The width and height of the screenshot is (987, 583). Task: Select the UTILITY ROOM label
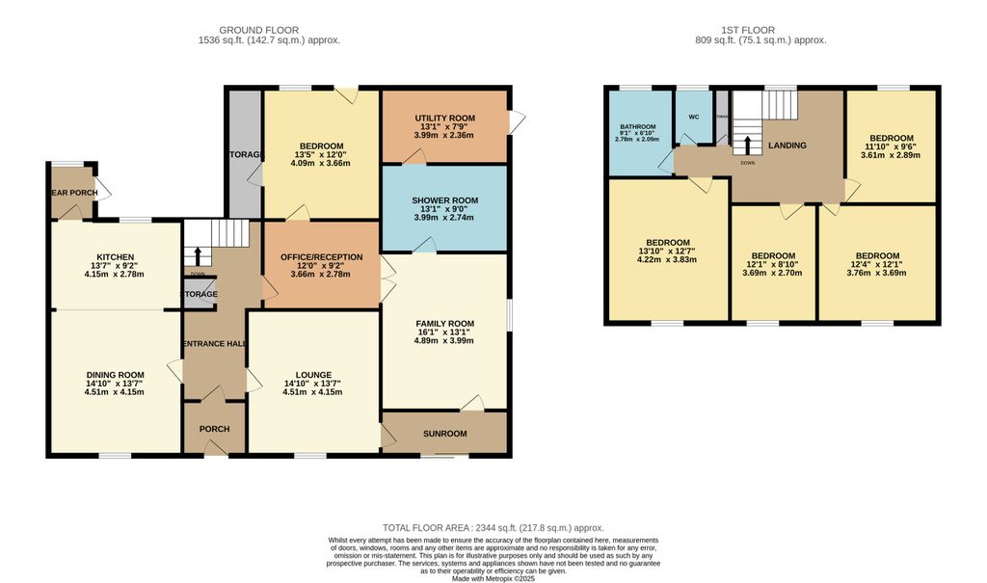point(445,118)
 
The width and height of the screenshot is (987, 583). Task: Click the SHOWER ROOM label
point(445,200)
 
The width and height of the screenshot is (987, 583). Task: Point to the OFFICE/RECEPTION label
point(321,257)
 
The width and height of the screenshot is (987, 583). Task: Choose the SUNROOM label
point(444,434)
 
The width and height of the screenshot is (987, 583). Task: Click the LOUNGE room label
point(314,375)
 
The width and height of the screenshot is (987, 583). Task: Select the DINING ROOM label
point(115,375)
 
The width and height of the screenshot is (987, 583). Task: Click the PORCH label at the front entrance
point(207,429)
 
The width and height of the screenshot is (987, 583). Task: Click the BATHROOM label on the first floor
point(638,127)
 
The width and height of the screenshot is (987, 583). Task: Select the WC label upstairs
point(693,118)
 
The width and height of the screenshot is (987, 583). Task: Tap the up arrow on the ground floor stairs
point(199,254)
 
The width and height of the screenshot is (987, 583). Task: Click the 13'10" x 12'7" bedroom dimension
point(667,252)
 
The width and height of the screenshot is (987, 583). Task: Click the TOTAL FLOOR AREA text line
point(493,527)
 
